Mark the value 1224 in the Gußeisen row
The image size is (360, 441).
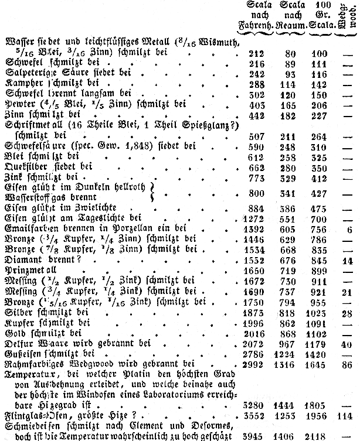(x=286, y=353)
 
